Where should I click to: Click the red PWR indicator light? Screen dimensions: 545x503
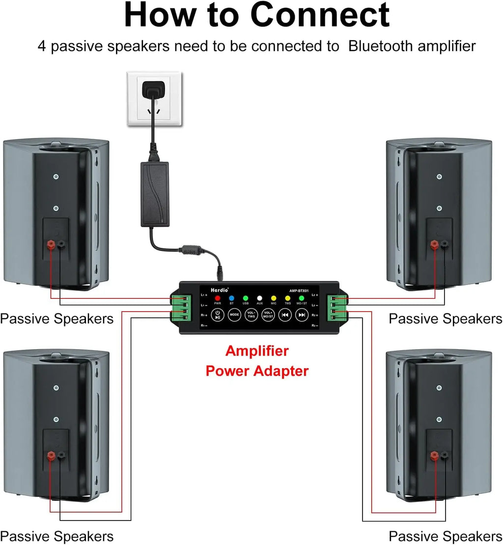tap(218, 298)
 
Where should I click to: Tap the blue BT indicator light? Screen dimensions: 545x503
tap(231, 298)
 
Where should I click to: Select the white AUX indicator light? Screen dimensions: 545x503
tap(259, 298)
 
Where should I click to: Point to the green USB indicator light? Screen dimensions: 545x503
tap(246, 298)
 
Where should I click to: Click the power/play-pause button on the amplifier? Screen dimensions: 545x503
tap(218, 314)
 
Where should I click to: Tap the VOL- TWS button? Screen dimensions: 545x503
tap(251, 314)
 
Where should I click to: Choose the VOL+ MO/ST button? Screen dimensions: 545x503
tap(268, 314)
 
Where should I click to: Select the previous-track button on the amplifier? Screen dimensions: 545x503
tap(285, 314)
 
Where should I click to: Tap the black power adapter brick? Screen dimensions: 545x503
tap(155, 194)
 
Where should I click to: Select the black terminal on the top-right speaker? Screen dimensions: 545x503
tap(445, 244)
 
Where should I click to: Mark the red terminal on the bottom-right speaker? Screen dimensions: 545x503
tap(434, 456)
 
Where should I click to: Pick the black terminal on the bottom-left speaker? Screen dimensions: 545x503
tap(61, 456)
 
